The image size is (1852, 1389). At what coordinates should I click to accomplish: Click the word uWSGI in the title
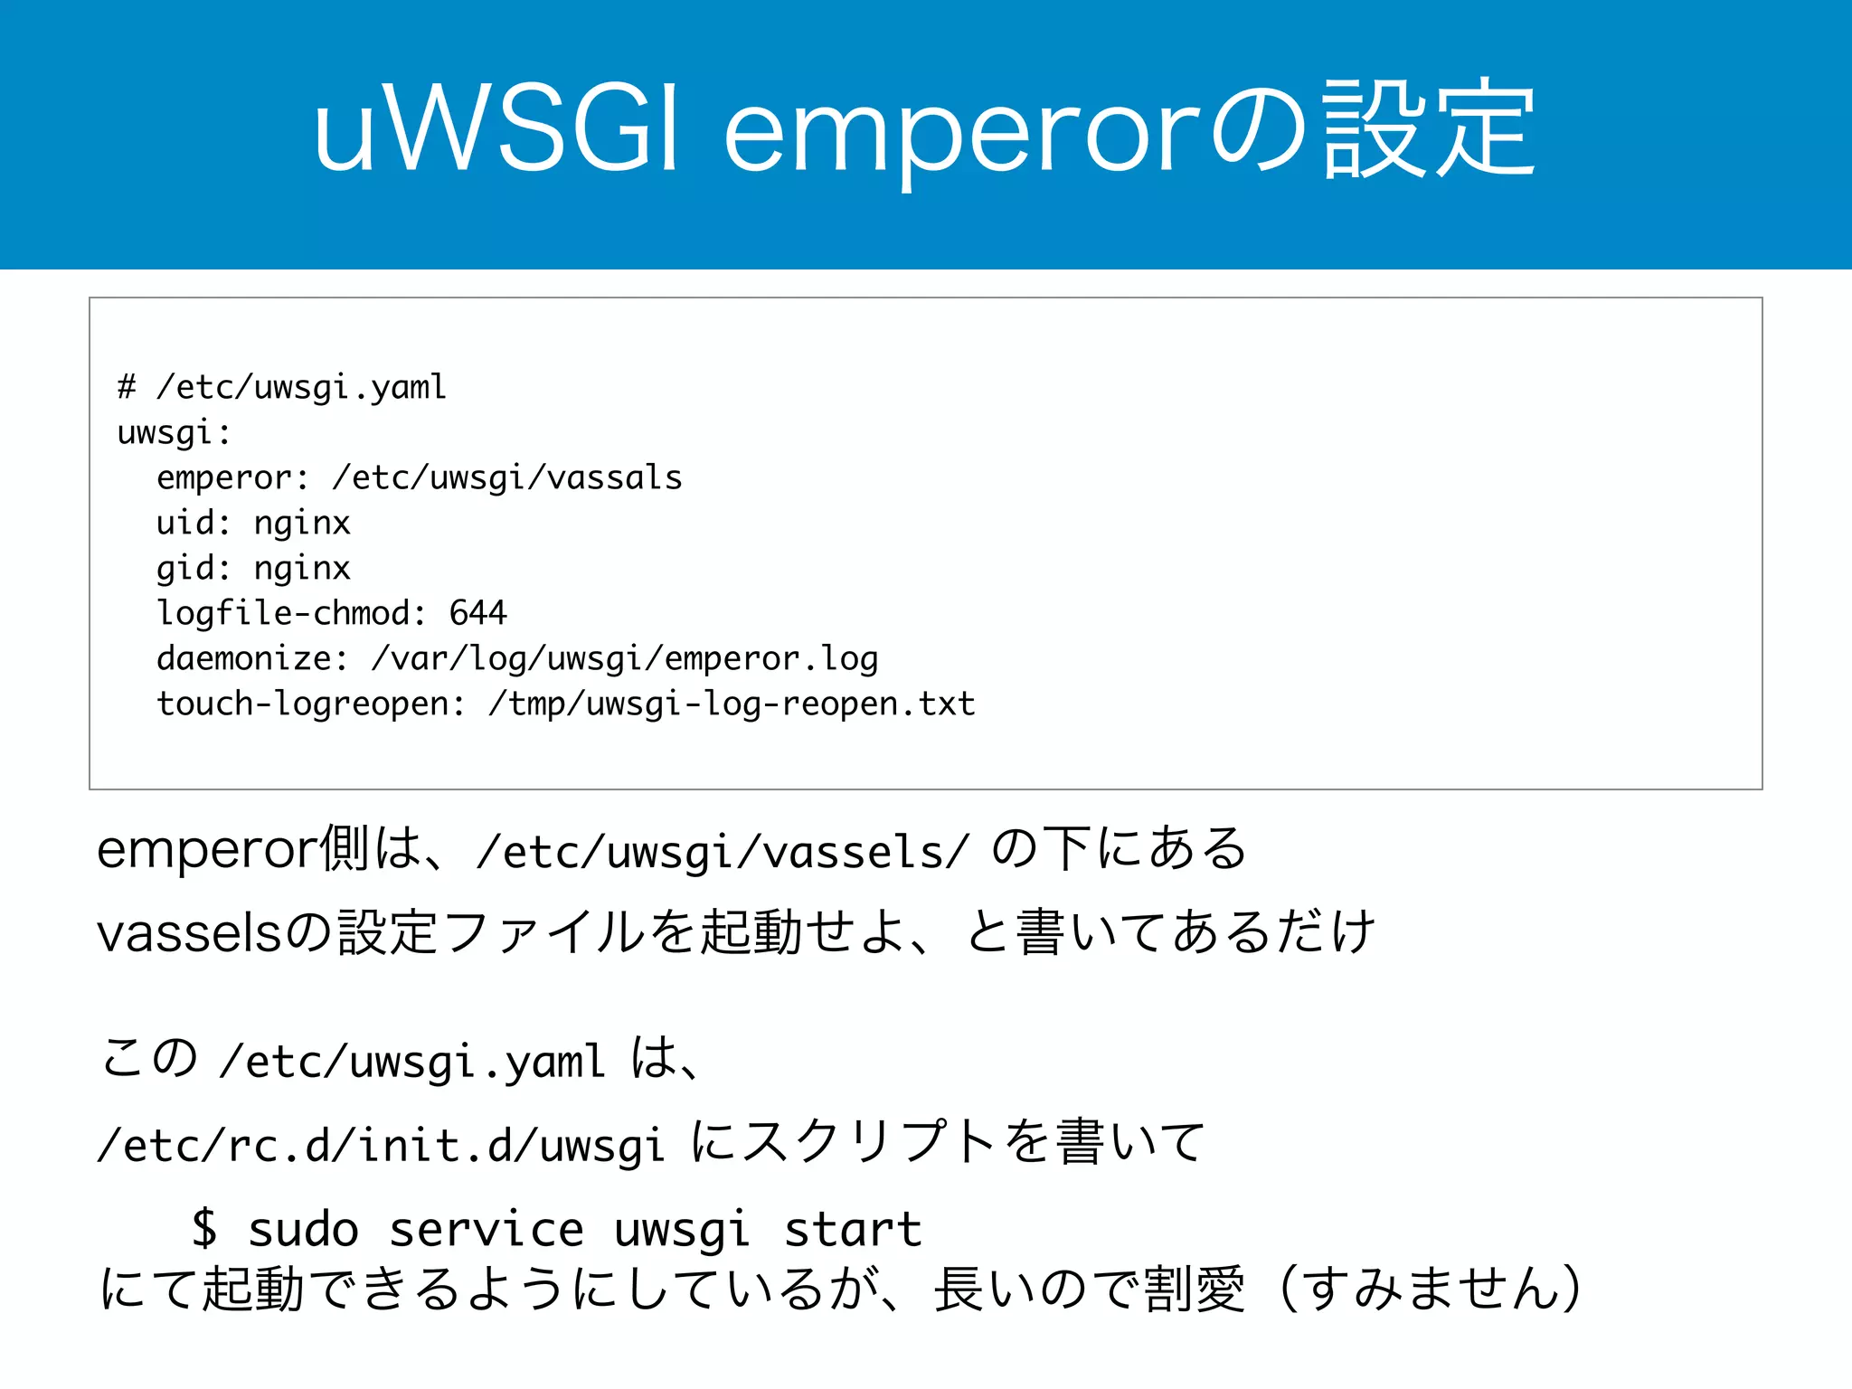click(x=496, y=133)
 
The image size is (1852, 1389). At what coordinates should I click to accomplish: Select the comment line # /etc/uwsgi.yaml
click(x=282, y=387)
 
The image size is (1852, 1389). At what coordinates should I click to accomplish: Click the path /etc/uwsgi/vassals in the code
click(x=507, y=477)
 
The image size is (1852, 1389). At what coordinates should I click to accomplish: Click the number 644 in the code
click(x=478, y=613)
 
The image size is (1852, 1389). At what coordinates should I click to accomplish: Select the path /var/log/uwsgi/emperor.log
click(x=625, y=658)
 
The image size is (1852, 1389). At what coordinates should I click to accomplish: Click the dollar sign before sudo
click(x=205, y=1228)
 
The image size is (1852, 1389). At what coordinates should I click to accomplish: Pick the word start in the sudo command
click(x=853, y=1228)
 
